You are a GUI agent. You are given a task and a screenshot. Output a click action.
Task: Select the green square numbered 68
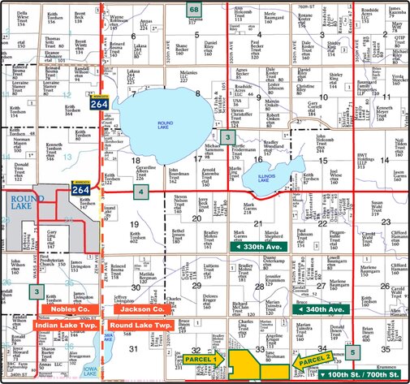click(194, 9)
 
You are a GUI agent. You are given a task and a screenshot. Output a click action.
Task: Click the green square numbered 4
click(140, 192)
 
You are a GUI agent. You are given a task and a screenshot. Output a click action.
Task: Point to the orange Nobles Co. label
click(63, 309)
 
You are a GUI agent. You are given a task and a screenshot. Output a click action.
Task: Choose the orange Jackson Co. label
click(137, 309)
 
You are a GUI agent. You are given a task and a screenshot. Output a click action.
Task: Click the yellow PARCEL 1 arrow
click(203, 358)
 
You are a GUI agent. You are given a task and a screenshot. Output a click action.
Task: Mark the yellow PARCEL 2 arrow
click(313, 359)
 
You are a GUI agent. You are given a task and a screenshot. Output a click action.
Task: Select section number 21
click(257, 222)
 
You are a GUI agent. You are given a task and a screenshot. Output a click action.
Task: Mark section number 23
click(386, 222)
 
